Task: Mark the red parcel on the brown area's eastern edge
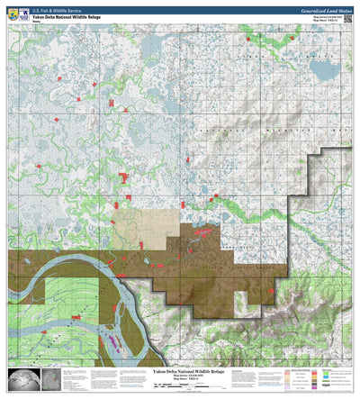275,292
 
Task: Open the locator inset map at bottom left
23,380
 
